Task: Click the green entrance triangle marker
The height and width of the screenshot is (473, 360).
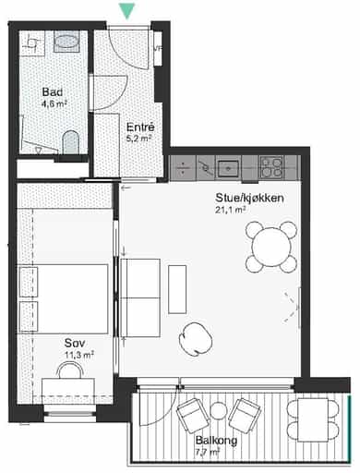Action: [127, 12]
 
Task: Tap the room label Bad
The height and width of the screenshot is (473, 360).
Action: [53, 91]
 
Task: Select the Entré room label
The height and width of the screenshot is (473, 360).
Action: [140, 127]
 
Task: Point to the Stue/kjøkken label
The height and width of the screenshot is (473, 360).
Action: [249, 198]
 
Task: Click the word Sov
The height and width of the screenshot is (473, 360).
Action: [75, 343]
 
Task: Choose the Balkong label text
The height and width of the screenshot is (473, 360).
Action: [216, 441]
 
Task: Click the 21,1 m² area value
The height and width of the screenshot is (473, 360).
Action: [231, 211]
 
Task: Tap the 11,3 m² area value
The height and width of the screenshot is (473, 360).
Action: [79, 355]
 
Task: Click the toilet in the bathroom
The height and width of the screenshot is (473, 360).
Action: [71, 142]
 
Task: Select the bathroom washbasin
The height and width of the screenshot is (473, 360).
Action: [66, 42]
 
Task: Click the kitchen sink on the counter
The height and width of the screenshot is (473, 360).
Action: [228, 168]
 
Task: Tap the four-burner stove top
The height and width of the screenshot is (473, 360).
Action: [271, 167]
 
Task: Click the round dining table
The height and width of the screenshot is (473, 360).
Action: [271, 247]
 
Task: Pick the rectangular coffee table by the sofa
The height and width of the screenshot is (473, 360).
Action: [177, 289]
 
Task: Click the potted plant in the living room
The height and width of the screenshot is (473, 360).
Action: [196, 339]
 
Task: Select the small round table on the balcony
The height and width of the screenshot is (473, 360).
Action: [218, 411]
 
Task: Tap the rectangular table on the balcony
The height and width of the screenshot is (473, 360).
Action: [313, 420]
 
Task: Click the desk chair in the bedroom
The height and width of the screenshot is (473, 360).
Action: [71, 370]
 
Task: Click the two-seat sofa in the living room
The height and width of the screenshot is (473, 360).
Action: [140, 297]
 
